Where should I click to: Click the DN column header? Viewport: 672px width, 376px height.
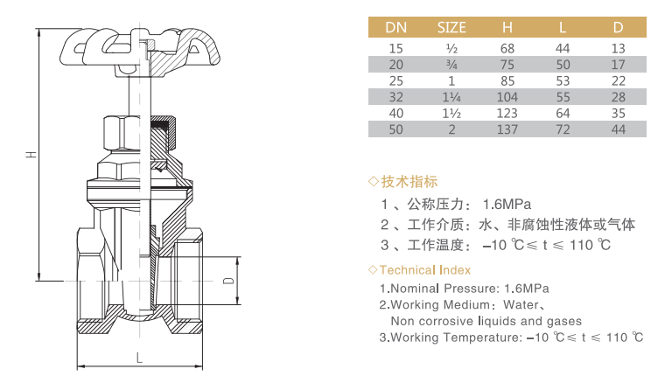pos(395,27)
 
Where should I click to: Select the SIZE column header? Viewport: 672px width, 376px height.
pos(451,27)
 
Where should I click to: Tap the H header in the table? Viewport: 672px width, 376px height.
pos(507,27)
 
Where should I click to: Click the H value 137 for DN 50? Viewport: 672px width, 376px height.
pos(507,129)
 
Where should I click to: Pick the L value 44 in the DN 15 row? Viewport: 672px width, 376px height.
pos(563,48)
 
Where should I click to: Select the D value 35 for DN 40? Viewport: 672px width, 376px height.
pos(618,113)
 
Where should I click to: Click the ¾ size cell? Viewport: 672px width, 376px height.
pos(451,65)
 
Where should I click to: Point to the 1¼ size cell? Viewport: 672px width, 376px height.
pos(451,97)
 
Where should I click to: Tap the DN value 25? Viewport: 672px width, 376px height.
pos(395,81)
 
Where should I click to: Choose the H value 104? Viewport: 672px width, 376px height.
pos(507,97)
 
